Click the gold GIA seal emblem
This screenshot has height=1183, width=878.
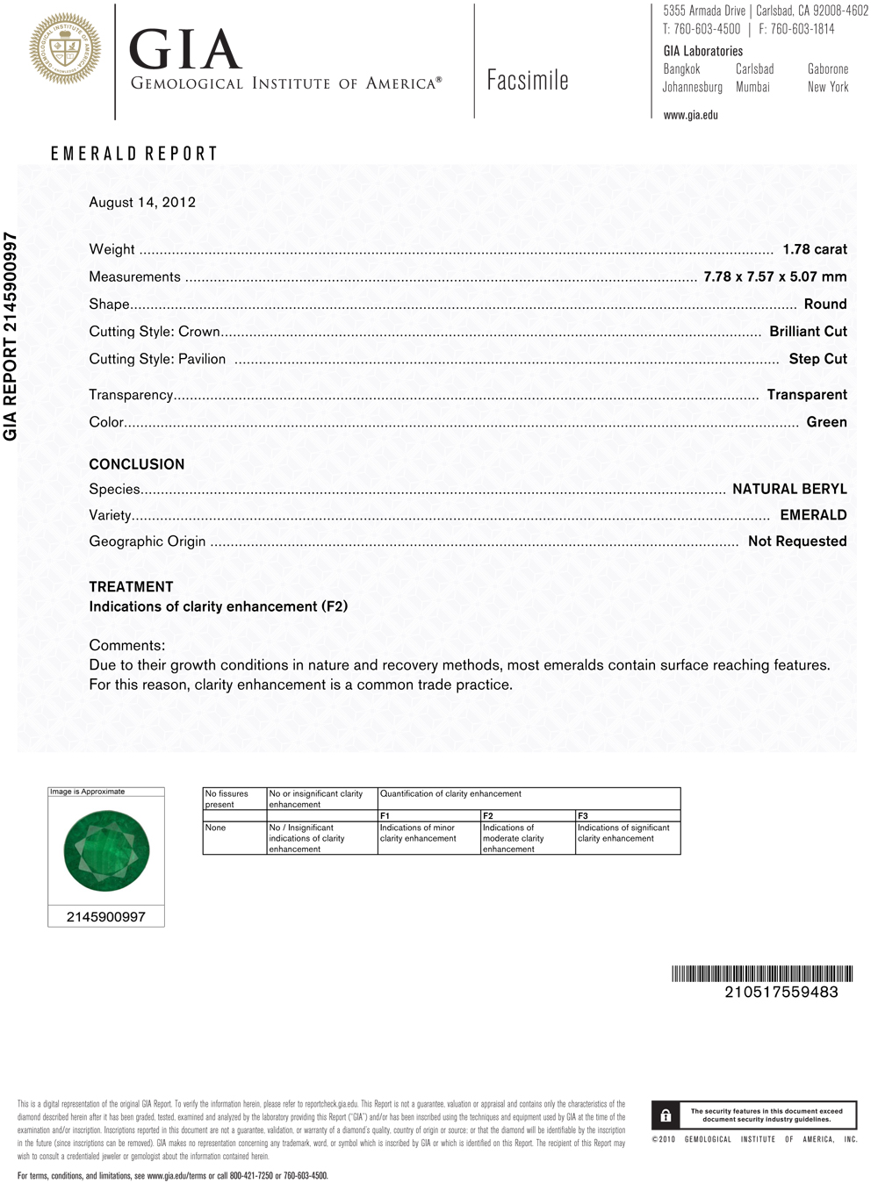tap(65, 49)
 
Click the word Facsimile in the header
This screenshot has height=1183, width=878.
tap(528, 81)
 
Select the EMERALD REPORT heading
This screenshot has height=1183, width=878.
tap(133, 154)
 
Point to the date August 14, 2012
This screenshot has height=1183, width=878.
tap(142, 202)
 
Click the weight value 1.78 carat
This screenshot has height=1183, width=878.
tap(815, 249)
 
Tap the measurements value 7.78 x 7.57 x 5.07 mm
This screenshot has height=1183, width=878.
tap(775, 276)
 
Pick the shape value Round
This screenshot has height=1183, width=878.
tap(825, 304)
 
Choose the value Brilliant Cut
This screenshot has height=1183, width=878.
tap(808, 331)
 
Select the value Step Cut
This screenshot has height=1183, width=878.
tap(817, 358)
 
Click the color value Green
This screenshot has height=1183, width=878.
tap(826, 422)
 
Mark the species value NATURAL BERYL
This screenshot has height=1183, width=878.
tap(789, 489)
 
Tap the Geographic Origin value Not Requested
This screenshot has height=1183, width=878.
tap(797, 541)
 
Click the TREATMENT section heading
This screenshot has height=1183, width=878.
tap(131, 586)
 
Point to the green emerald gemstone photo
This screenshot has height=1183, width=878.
tap(106, 851)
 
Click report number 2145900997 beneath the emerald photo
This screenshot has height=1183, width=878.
tap(106, 917)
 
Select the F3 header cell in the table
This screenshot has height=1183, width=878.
tap(583, 816)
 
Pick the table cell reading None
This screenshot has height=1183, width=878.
tap(215, 828)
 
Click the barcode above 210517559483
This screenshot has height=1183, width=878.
tap(762, 973)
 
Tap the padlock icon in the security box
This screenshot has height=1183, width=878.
tap(666, 1115)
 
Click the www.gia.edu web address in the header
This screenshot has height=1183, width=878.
tap(690, 115)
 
